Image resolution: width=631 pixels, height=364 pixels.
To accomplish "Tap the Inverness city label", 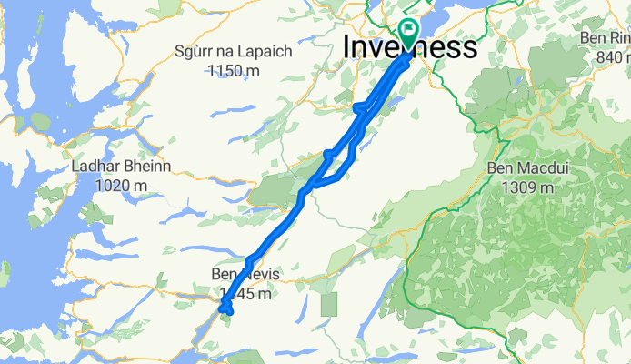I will (x=410, y=47).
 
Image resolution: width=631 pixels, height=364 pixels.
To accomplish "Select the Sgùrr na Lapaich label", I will (x=235, y=52).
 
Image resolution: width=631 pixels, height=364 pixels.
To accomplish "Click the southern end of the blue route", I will (x=225, y=313).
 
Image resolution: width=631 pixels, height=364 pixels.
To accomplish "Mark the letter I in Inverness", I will (x=348, y=47).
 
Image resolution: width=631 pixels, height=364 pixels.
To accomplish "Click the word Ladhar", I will (x=92, y=169).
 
